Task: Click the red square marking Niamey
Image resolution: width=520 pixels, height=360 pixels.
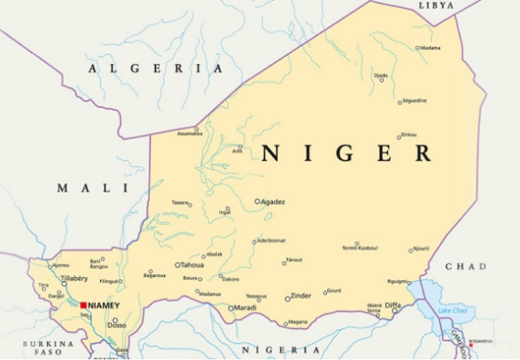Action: coord(83,305)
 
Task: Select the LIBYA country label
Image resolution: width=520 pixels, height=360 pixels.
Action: coord(437,6)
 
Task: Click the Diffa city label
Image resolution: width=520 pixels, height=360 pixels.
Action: coord(392,304)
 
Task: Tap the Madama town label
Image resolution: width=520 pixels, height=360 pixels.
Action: coord(431,48)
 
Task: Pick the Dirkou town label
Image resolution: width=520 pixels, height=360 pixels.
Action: coord(409,135)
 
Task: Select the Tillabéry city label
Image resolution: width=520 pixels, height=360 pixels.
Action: coord(75,279)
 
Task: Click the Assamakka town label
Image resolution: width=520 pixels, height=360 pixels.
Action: coord(189,135)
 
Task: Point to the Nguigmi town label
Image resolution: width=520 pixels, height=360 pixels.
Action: coord(397,281)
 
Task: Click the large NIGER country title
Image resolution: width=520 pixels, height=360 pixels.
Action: coord(346,154)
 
